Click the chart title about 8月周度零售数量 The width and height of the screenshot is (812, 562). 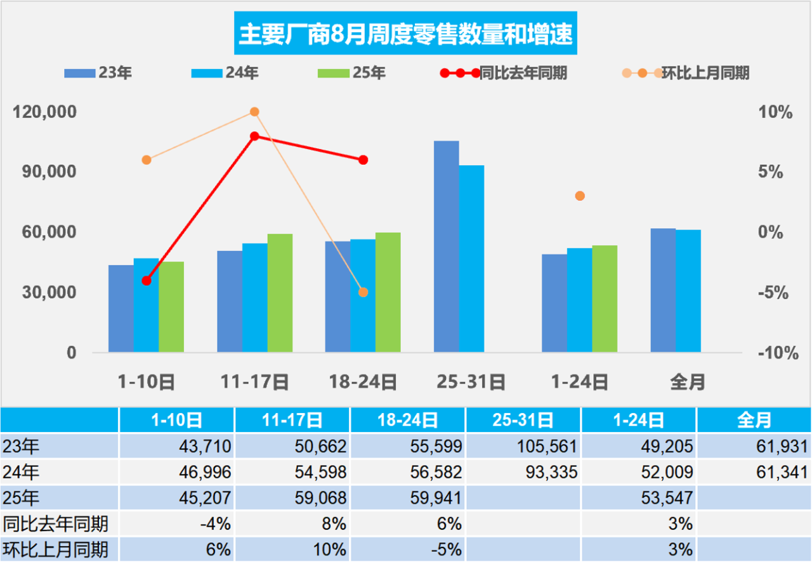(x=406, y=32)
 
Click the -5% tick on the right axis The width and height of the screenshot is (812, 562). (x=775, y=293)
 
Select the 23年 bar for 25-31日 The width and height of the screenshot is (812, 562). (x=447, y=246)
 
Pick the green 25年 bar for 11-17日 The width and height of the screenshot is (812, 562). (x=280, y=293)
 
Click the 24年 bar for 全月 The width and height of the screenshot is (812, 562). (x=688, y=291)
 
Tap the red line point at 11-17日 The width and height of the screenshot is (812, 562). (x=254, y=136)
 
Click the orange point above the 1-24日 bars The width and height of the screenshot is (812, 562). (x=579, y=196)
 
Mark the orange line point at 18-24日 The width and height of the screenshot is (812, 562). (x=363, y=292)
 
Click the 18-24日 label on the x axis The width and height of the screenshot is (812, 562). (x=363, y=382)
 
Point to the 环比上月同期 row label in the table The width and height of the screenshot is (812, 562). (x=56, y=549)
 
